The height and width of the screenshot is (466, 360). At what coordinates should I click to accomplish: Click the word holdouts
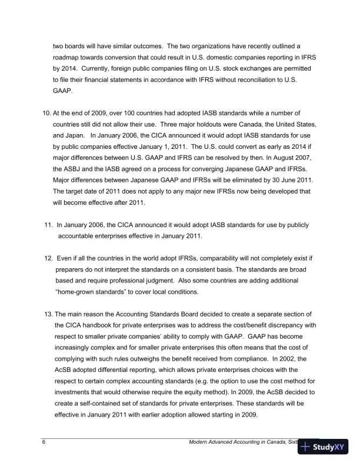pos(184,124)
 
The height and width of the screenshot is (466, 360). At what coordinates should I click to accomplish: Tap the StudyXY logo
pos(324,447)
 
